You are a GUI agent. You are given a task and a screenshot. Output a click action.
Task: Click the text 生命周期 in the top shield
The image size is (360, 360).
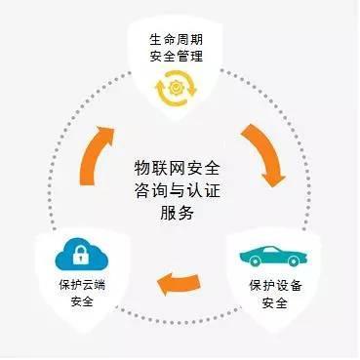coord(179,41)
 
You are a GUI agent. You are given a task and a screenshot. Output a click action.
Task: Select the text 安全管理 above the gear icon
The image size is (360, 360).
coord(179,58)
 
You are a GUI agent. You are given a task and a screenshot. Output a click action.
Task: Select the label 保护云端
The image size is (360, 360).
coord(74,286)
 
